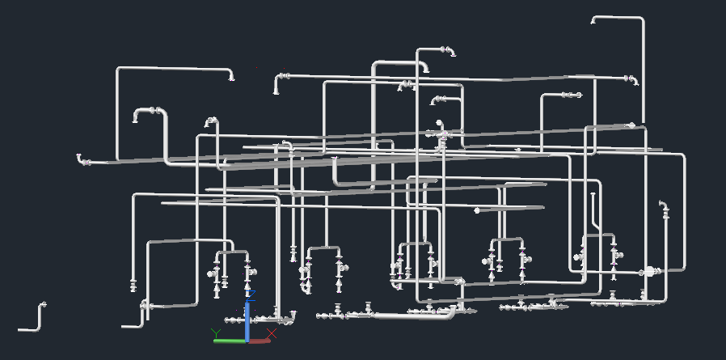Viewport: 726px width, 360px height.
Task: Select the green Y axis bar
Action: click(x=230, y=341)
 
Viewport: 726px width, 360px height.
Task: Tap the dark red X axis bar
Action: click(x=260, y=341)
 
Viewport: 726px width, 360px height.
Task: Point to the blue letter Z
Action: click(x=247, y=292)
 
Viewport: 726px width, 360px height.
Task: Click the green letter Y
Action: click(x=216, y=332)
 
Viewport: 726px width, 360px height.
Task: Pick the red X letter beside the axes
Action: click(x=272, y=332)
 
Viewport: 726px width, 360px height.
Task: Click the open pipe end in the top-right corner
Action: click(x=594, y=21)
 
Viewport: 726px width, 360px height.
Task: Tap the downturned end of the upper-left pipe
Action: click(x=231, y=77)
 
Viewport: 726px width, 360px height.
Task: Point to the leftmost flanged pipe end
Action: click(x=80, y=159)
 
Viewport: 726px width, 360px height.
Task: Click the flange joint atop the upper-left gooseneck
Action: click(x=153, y=110)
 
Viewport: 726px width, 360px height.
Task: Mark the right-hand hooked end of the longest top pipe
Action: click(x=633, y=80)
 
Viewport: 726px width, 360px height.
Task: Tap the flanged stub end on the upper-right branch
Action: click(x=576, y=95)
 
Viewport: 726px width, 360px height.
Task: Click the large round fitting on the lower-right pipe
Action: click(x=649, y=272)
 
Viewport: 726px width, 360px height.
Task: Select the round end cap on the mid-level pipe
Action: click(x=477, y=210)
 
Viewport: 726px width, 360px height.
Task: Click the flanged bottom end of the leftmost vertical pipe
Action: click(x=133, y=285)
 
